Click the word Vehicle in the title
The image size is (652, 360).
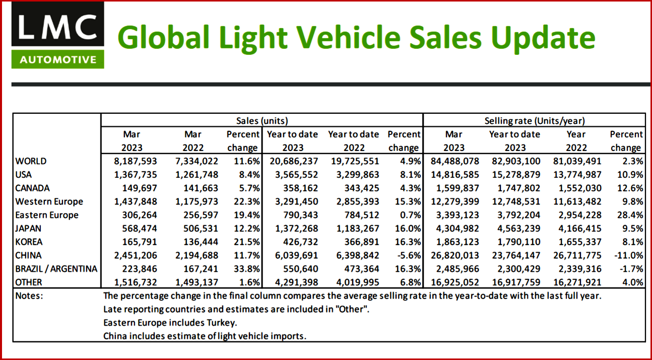[x=315, y=38]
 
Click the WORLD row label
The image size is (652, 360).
[x=31, y=161]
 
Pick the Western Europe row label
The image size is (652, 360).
[x=49, y=201]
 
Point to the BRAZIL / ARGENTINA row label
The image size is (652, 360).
[x=56, y=269]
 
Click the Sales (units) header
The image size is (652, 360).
[x=262, y=121]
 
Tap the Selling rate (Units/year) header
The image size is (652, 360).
[x=535, y=121]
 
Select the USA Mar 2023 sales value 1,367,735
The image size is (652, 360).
[x=132, y=175]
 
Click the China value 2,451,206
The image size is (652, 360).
[x=132, y=255]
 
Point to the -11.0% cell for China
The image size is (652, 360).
[x=626, y=255]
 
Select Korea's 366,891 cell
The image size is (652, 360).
[x=354, y=242]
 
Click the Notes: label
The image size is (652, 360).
[x=29, y=296]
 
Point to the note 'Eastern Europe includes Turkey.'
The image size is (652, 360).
[x=170, y=322]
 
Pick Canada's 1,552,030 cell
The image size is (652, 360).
[x=576, y=188]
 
